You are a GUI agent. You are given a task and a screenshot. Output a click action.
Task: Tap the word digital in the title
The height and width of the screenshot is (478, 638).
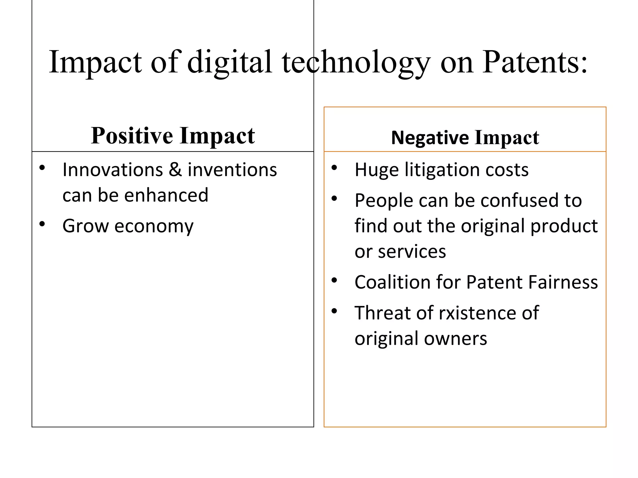coord(230,62)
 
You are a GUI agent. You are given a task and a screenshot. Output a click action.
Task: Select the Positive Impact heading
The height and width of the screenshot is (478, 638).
coord(173,136)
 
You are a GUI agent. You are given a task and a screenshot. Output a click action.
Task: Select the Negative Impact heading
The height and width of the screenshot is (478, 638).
coord(465,138)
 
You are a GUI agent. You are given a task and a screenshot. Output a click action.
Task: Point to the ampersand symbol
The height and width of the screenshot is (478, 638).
coord(175,170)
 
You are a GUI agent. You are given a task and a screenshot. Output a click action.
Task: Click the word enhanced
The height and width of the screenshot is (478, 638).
coord(166,195)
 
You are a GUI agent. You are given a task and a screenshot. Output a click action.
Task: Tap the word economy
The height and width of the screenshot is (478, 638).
coord(154,226)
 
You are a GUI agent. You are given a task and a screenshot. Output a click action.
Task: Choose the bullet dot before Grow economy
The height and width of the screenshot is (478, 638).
coord(42,224)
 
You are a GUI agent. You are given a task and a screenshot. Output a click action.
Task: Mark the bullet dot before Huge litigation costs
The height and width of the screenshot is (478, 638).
coord(334,168)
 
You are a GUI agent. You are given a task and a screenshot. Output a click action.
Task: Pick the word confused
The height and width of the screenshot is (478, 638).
coord(518,200)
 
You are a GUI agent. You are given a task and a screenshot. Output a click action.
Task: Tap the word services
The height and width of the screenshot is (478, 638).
coord(412,251)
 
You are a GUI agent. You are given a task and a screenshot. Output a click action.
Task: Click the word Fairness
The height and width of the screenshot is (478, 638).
coord(563,282)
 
